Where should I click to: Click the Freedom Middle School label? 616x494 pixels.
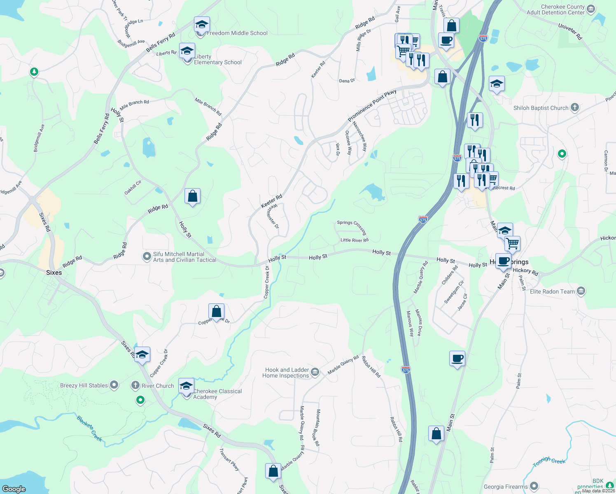coord(237,33)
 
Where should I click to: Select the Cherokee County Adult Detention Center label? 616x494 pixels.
coord(555,10)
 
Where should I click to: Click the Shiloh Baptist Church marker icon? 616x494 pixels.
coord(575,108)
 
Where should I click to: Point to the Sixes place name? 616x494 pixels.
coord(54,273)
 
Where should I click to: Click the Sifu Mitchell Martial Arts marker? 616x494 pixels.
coord(147,257)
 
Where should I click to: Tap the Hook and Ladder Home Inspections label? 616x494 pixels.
coord(286,373)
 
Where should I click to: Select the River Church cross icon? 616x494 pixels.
coord(135,386)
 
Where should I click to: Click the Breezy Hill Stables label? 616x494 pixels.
coord(84,386)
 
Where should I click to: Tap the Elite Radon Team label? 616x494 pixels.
coord(552,291)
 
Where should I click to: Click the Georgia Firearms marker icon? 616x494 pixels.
coord(534,487)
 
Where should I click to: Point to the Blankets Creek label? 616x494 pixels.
coord(89,429)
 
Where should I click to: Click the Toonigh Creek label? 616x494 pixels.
coord(549,461)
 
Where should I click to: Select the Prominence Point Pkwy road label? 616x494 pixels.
coord(372,105)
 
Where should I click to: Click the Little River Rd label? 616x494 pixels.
coord(354,240)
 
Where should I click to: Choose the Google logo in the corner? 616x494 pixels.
coord(14,489)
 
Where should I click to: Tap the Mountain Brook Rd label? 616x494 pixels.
coord(317,428)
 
